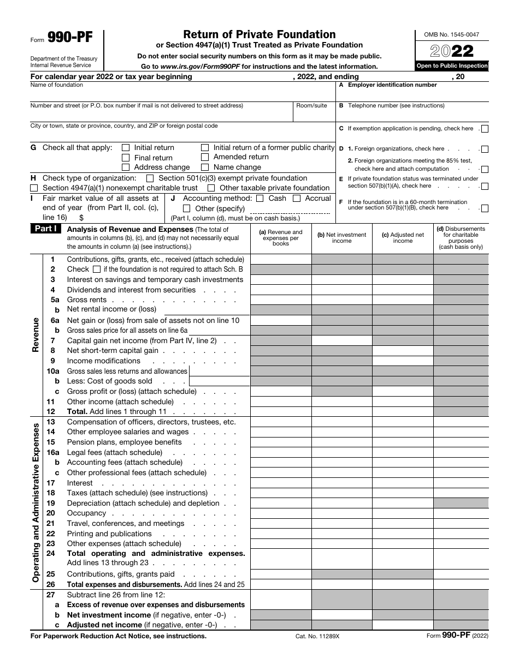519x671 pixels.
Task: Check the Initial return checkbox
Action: coord(126,148)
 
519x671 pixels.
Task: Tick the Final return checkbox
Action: coord(126,158)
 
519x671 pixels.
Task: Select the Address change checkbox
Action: coord(126,167)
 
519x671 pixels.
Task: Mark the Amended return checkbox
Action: coord(205,157)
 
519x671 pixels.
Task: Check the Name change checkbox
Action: coord(205,167)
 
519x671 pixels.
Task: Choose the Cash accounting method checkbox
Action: coord(260,199)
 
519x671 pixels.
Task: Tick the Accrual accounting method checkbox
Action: coord(297,199)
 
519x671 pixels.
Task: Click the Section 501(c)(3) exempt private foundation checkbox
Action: coord(150,178)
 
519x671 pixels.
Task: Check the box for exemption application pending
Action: coord(485,129)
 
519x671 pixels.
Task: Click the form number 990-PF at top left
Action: coord(70,38)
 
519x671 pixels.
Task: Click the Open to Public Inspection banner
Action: coord(452,66)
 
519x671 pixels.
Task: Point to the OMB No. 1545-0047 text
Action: coord(452,35)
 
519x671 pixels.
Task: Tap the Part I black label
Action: coord(45,229)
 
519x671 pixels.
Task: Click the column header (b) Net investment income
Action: coord(342,238)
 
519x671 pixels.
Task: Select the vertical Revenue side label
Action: coord(36,334)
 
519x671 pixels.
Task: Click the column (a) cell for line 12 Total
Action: coord(281,412)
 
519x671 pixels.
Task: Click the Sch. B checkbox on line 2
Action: coord(97,269)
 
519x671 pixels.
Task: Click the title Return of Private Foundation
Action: coord(259,34)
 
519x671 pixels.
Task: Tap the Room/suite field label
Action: coord(312,106)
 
